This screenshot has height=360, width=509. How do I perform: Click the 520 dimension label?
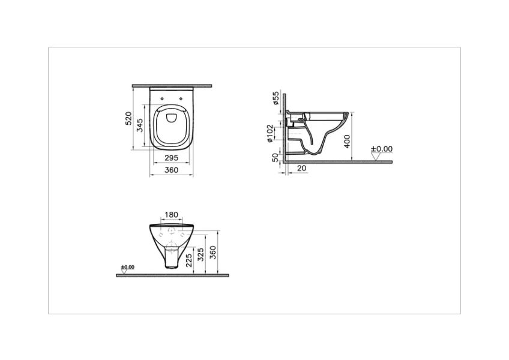pos(129,118)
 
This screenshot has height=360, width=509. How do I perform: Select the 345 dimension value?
pos(140,125)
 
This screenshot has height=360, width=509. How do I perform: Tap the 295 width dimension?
pos(172,158)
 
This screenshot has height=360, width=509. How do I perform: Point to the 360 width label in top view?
pos(172,170)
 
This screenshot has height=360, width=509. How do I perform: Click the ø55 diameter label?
pos(276,98)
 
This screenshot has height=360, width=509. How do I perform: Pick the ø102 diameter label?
pos(270,133)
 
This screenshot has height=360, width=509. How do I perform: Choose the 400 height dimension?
pos(347,141)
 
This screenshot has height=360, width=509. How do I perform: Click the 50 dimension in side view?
pos(276,157)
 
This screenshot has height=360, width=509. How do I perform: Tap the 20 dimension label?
pos(302,169)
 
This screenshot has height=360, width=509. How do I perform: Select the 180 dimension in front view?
pos(172,215)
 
